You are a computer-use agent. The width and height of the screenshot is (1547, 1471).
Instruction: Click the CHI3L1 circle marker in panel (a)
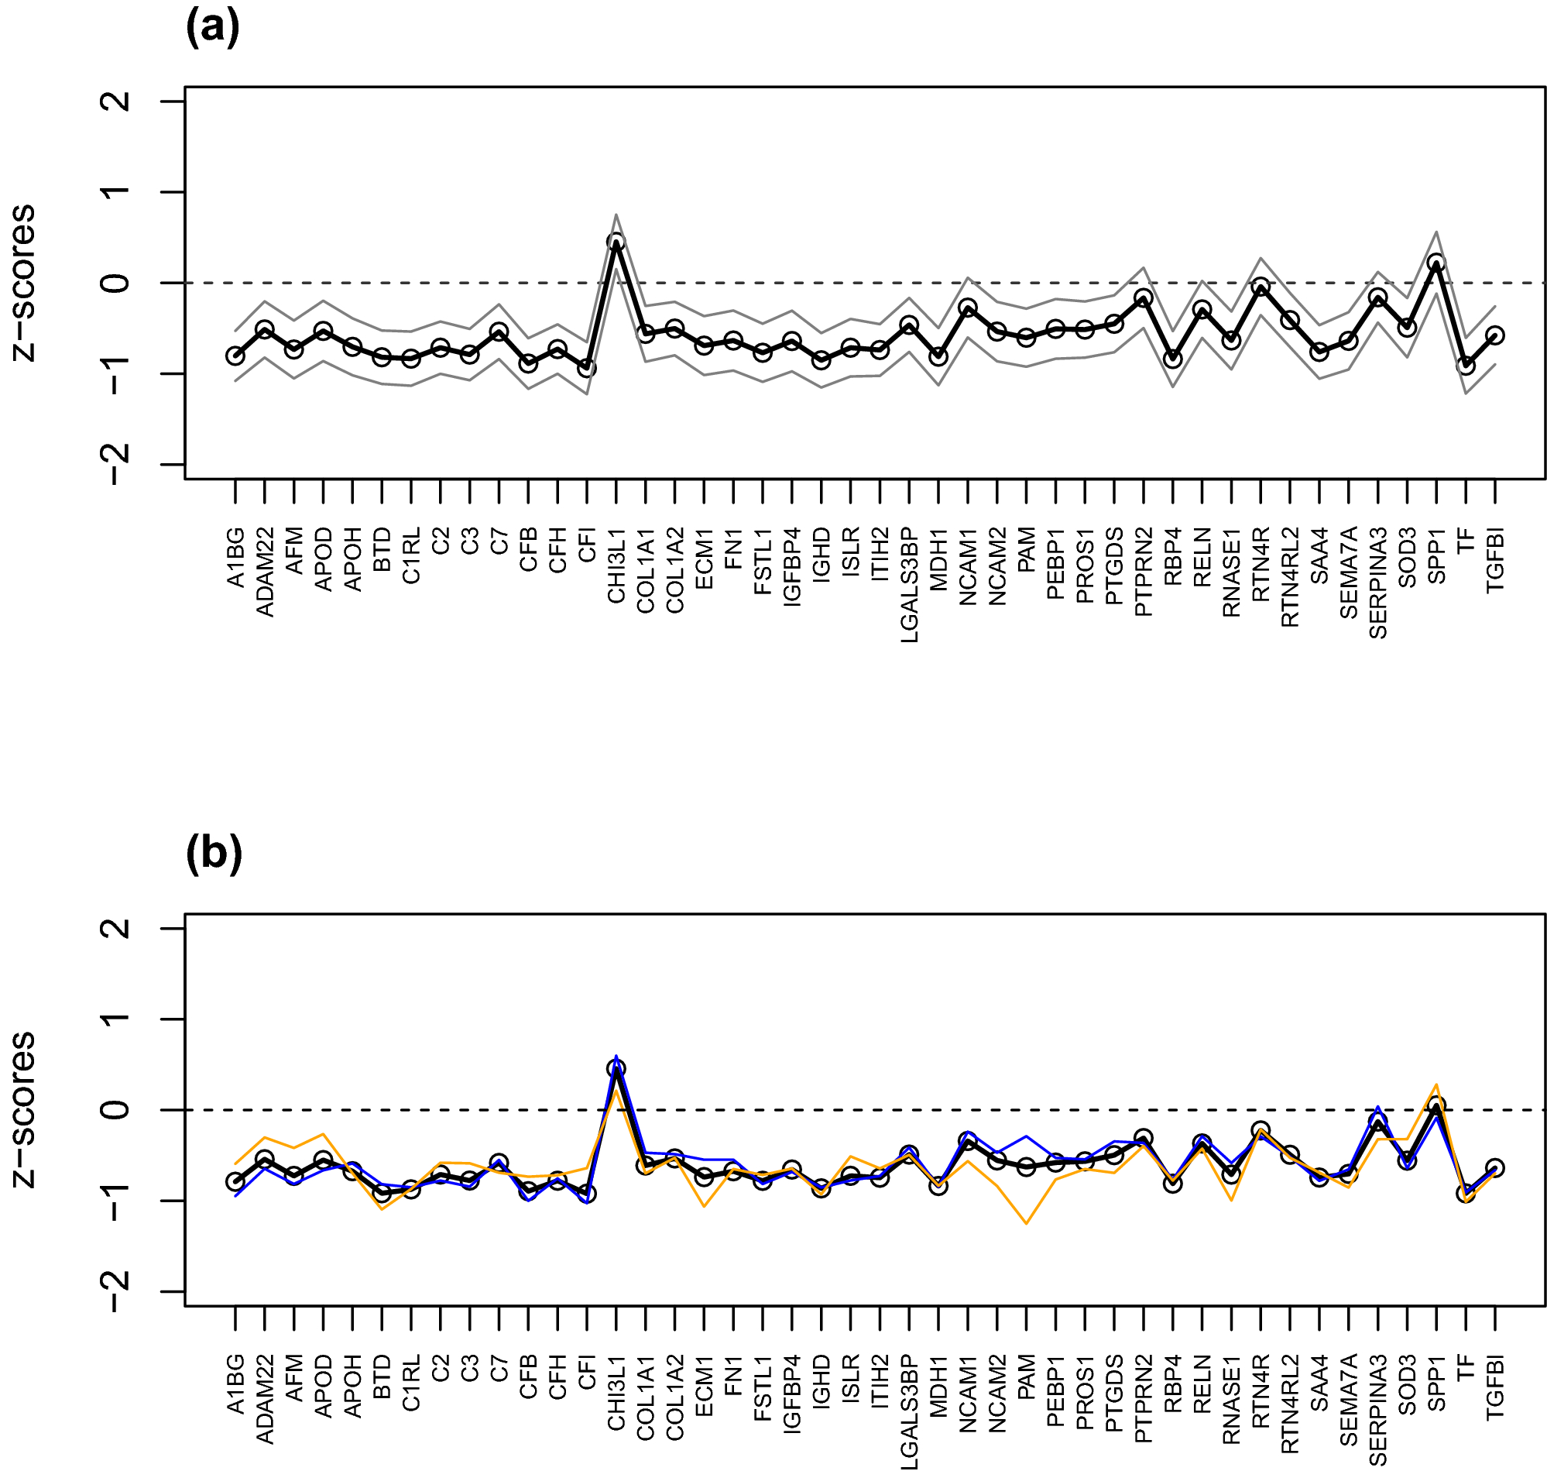point(616,242)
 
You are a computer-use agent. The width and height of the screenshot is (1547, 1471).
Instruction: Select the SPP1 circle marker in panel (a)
point(1436,263)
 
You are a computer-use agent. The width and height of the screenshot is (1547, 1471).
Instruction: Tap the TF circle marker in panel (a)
point(1466,366)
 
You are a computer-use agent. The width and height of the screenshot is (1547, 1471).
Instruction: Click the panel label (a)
point(212,28)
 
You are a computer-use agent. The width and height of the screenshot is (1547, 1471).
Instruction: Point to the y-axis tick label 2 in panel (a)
point(116,101)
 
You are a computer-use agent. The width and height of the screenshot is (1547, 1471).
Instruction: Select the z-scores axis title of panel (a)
point(23,282)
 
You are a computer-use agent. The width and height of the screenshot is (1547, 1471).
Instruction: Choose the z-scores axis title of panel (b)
point(23,1109)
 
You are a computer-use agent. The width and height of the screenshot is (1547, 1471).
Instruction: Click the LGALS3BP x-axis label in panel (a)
point(909,584)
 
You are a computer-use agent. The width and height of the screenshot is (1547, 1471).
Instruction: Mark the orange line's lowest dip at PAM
point(1026,1223)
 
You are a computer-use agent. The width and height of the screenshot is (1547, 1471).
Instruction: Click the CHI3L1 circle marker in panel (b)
point(616,1069)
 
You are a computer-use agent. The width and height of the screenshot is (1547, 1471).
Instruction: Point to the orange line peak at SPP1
point(1436,1085)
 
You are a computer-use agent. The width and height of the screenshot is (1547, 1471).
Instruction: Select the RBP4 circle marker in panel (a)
point(1172,359)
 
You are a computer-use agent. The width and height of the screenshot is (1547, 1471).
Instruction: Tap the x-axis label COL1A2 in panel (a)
point(674,569)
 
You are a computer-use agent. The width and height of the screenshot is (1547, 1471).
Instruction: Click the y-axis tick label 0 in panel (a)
point(116,282)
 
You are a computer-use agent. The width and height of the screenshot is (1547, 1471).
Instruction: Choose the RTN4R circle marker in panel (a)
point(1261,287)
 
